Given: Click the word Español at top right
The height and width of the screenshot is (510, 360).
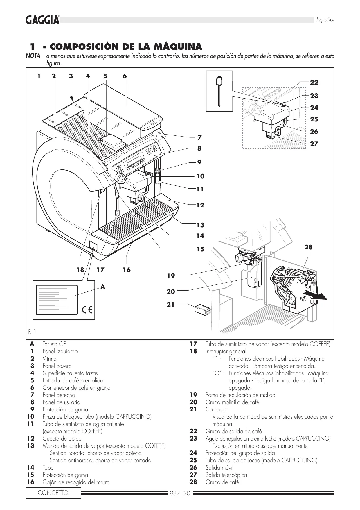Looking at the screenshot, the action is point(325,19).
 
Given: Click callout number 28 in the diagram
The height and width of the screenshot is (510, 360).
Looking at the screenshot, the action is point(308,247).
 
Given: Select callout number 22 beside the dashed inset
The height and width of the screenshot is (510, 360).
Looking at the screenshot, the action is point(314,83).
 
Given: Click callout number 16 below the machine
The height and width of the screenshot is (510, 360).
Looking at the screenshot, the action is point(127,270).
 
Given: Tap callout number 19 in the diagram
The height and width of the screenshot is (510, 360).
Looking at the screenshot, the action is point(171,276).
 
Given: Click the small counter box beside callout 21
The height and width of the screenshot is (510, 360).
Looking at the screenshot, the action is point(202,309).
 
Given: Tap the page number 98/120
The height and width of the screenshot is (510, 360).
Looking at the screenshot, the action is point(180,493).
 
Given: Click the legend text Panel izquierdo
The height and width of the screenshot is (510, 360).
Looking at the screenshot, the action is point(60,352).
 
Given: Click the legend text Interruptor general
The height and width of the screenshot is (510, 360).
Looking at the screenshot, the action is point(226,352).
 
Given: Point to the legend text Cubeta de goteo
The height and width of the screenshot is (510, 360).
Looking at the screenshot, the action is point(62,439).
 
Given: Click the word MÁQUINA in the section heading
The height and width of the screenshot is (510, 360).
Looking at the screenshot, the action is point(178,46).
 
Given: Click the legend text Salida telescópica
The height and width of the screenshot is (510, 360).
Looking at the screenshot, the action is point(226,475).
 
